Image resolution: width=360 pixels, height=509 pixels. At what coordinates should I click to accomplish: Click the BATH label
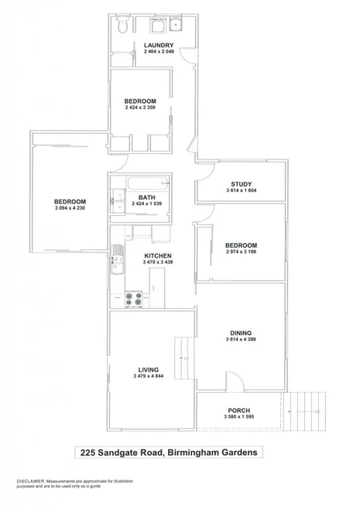147,197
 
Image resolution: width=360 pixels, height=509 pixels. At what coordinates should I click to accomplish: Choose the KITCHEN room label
157,256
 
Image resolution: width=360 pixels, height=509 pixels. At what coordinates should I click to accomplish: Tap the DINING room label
240,333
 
